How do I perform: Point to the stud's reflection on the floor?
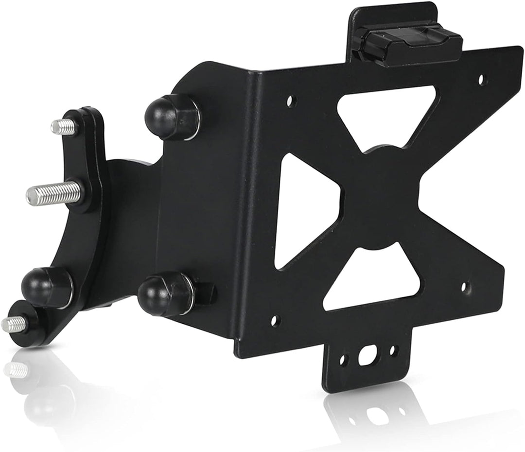coord(15,370)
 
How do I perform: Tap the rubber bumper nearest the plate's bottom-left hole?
coord(163,294)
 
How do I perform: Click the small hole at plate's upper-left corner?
coord(290,102)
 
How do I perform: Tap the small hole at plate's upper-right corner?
coord(481,78)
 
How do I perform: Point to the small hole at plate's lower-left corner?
coord(276,321)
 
